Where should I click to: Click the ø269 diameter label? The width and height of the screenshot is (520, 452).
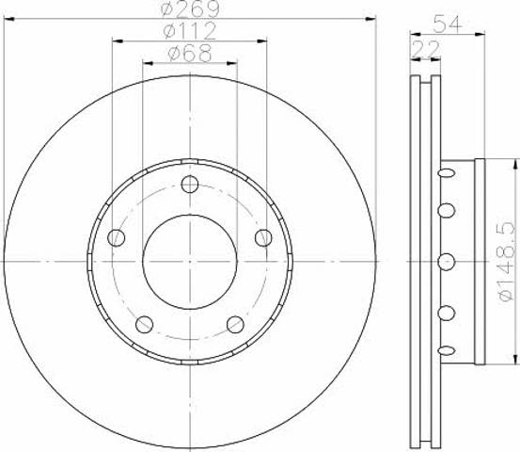190,9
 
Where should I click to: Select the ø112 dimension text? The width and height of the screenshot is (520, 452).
190,31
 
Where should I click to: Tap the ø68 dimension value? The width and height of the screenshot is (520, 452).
190,53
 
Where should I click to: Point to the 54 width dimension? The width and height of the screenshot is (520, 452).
448,24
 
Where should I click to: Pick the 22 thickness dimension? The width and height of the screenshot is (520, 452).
425,49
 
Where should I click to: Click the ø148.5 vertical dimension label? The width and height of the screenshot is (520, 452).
507,262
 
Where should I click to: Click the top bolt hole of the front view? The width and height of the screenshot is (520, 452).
190,185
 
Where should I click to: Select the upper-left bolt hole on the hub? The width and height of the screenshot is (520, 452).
117,238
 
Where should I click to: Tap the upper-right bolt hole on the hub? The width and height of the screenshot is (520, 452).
263,238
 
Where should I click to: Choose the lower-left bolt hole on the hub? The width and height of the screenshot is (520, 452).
145,325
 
